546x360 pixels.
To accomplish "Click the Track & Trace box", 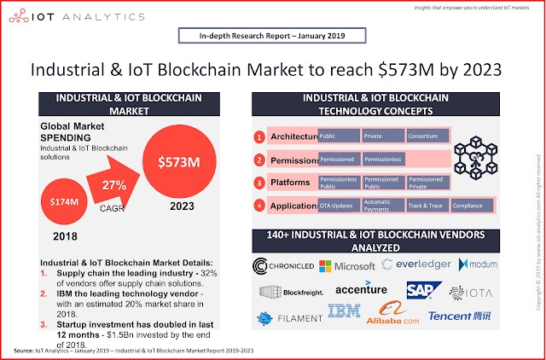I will point(427,205).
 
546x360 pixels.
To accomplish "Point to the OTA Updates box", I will point(339,205).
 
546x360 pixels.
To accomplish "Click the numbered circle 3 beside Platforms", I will point(258,183).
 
